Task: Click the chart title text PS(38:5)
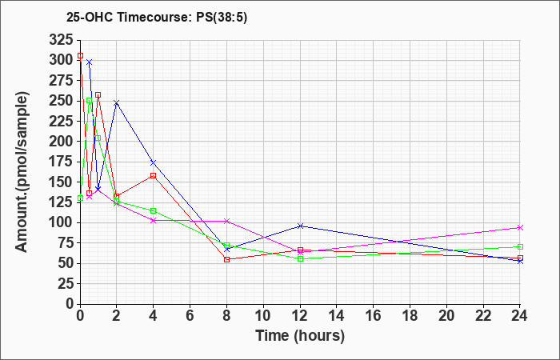(222, 17)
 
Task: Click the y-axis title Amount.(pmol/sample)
(22, 172)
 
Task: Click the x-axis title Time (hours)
(300, 336)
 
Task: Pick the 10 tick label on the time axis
(263, 316)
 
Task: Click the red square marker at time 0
(80, 56)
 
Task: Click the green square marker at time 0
(80, 198)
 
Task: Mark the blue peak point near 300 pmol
(90, 62)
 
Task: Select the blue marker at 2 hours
(117, 103)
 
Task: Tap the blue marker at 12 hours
(300, 226)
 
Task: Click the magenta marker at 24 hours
(520, 227)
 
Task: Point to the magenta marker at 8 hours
(226, 221)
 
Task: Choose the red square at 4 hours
(154, 176)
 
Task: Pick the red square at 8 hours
(226, 260)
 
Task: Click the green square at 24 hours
(520, 246)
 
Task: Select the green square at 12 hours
(300, 258)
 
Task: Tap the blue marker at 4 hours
(154, 162)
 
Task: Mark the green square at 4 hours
(154, 210)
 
